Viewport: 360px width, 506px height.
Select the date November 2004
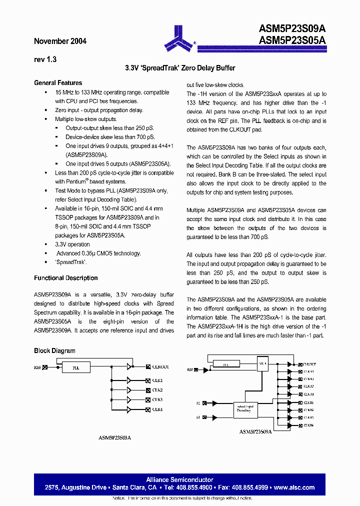(60, 41)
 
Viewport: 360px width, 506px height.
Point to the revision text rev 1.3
(45, 59)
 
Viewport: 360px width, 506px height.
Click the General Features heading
(58, 83)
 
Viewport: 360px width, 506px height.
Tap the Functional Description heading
(65, 278)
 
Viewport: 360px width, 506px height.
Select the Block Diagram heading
(54, 351)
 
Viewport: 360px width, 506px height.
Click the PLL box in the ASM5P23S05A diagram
(75, 367)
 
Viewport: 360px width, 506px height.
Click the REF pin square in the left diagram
(45, 367)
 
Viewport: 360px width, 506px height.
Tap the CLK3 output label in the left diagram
(157, 399)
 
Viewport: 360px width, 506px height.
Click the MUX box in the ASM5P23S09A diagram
(262, 364)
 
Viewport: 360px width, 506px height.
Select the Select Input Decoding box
(245, 409)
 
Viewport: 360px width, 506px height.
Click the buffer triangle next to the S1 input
(215, 417)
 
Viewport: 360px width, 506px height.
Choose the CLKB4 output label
(308, 425)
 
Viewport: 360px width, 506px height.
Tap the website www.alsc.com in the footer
(294, 487)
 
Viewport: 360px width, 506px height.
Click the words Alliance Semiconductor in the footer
(179, 480)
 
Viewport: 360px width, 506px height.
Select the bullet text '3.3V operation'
(72, 244)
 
